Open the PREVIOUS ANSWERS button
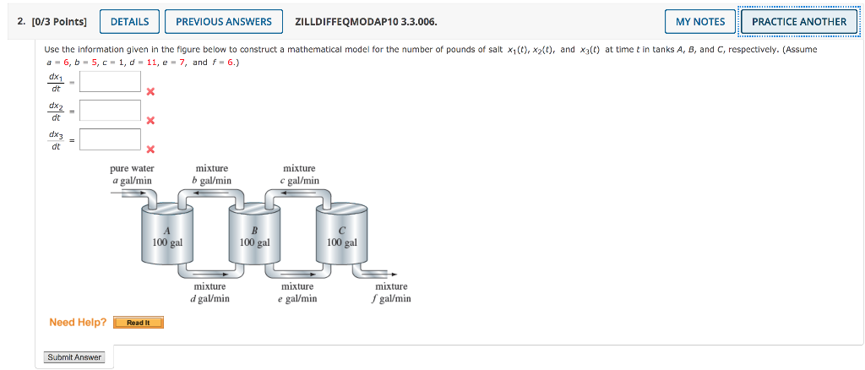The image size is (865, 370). tap(224, 21)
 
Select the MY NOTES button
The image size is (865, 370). tap(700, 21)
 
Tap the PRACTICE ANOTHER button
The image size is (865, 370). tap(798, 21)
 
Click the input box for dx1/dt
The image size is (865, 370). tap(110, 81)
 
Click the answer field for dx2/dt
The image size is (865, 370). tap(110, 111)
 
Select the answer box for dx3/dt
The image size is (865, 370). tap(110, 139)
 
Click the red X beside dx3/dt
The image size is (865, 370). tap(150, 150)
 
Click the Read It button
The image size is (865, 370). tap(138, 323)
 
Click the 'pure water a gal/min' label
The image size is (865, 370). tap(132, 174)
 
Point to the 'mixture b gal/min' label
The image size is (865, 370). tap(212, 174)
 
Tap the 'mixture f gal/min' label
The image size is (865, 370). tap(391, 292)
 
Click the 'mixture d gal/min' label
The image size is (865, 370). tap(210, 292)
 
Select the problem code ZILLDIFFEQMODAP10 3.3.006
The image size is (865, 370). tap(366, 21)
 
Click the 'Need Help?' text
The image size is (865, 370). tap(78, 322)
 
